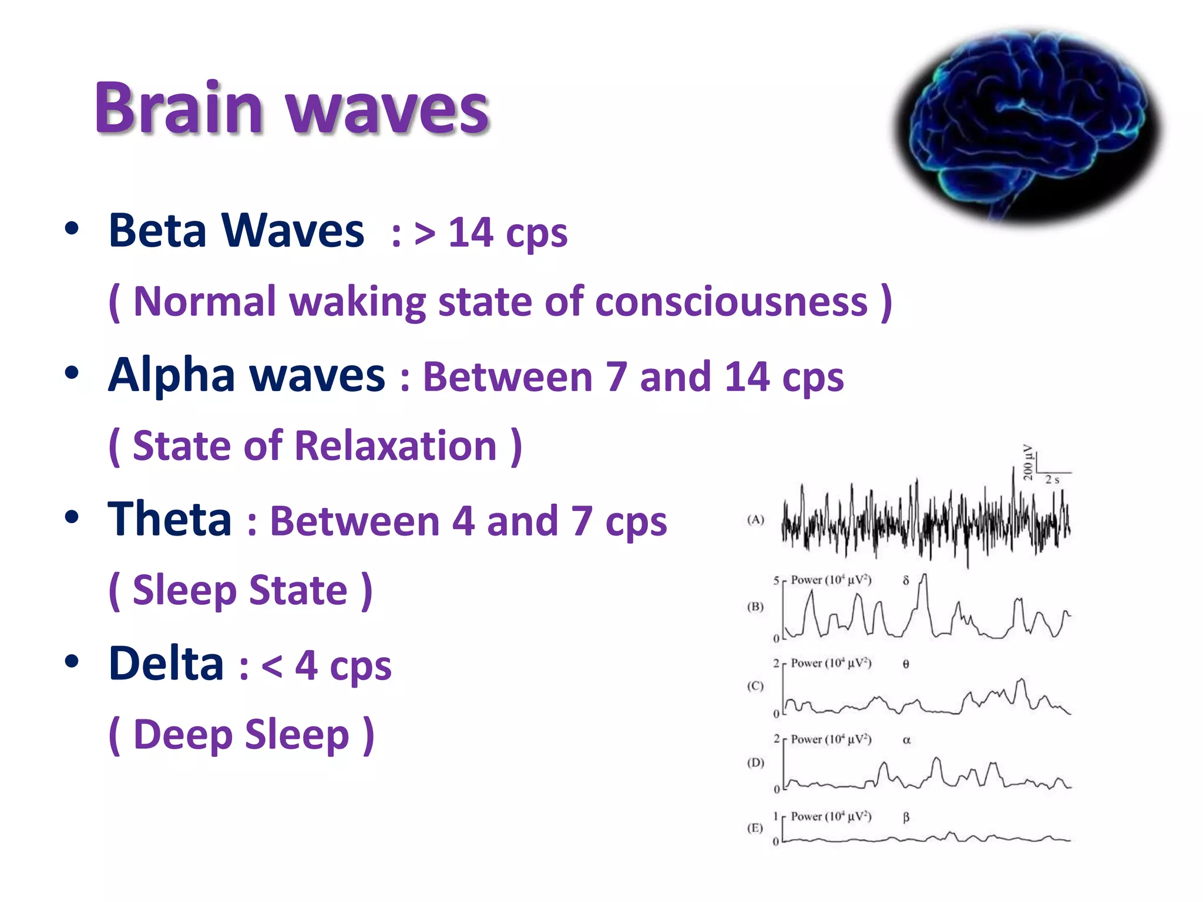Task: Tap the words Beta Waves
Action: click(236, 231)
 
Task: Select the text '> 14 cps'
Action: click(490, 233)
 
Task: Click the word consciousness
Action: click(731, 302)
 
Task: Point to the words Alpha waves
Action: click(247, 375)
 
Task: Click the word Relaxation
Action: click(395, 446)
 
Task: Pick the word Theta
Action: click(170, 519)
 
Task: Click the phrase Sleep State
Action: click(240, 590)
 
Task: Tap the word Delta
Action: click(167, 664)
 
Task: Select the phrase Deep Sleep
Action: click(241, 735)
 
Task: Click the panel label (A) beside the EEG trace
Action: click(755, 520)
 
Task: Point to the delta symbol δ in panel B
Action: click(906, 581)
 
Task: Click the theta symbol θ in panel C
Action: click(906, 664)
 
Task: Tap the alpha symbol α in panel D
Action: click(906, 741)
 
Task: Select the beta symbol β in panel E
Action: click(906, 817)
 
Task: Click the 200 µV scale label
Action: click(1028, 462)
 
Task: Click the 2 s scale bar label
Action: click(1052, 480)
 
